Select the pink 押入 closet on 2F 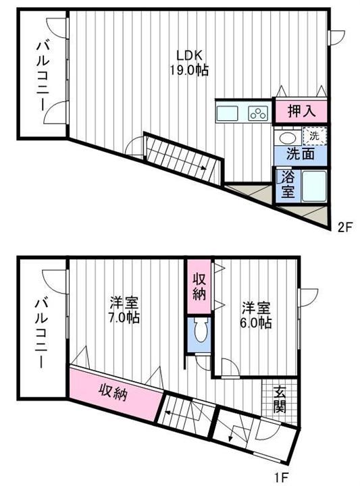(x=300, y=110)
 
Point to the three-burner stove (x=258, y=113)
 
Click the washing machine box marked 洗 (x=314, y=136)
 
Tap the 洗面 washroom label (x=301, y=153)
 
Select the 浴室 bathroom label (x=287, y=184)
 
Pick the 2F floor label (x=345, y=227)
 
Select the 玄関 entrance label (x=280, y=398)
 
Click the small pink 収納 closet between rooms (x=199, y=285)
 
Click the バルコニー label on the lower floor (x=41, y=333)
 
